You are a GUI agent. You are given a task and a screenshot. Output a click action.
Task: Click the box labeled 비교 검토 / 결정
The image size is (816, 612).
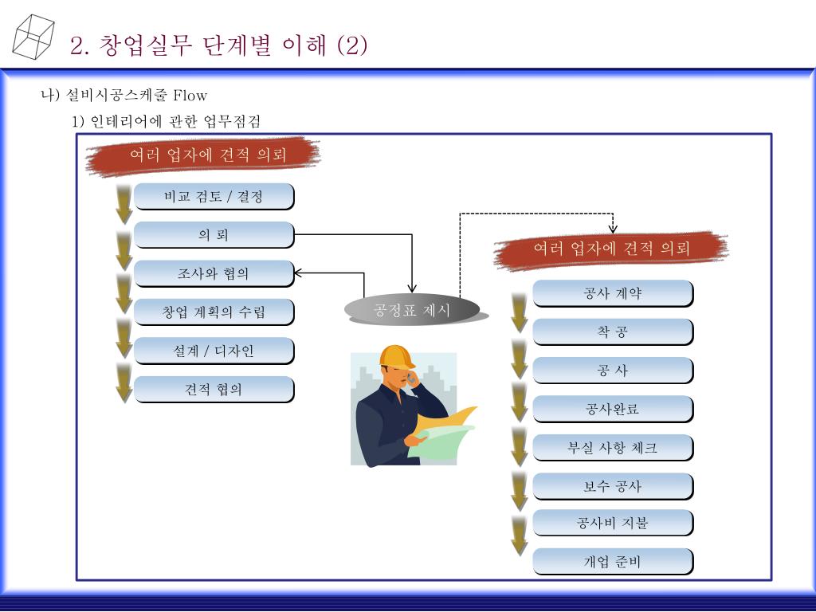214,196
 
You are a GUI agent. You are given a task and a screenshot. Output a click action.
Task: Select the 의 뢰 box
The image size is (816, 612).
214,235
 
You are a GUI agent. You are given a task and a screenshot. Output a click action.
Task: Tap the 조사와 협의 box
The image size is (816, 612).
214,273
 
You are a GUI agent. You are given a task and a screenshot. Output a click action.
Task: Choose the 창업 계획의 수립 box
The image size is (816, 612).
214,312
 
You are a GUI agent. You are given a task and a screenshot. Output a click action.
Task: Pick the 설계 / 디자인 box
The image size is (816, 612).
214,351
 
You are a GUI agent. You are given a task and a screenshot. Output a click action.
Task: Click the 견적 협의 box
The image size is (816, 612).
214,390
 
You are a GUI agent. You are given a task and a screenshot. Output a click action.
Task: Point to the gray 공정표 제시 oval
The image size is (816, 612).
412,309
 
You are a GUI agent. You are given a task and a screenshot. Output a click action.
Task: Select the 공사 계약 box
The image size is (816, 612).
612,293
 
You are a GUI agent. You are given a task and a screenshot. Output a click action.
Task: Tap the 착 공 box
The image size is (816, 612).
612,331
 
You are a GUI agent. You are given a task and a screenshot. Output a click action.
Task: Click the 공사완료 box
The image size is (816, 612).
612,410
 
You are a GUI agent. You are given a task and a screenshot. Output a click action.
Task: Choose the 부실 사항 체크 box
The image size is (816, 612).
612,448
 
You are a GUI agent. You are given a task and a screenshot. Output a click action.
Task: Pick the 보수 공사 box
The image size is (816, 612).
612,486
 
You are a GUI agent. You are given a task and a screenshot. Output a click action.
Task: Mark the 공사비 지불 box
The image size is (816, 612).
612,523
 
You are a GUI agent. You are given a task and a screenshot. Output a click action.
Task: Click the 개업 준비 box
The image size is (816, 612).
612,562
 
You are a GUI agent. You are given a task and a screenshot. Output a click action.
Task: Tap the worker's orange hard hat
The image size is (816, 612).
396,355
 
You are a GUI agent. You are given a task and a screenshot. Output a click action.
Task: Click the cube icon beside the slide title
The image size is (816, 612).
33,36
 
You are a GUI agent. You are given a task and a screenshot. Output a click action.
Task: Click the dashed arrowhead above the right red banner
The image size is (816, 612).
613,229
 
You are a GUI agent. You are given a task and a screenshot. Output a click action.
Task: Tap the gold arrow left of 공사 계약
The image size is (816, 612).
520,311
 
